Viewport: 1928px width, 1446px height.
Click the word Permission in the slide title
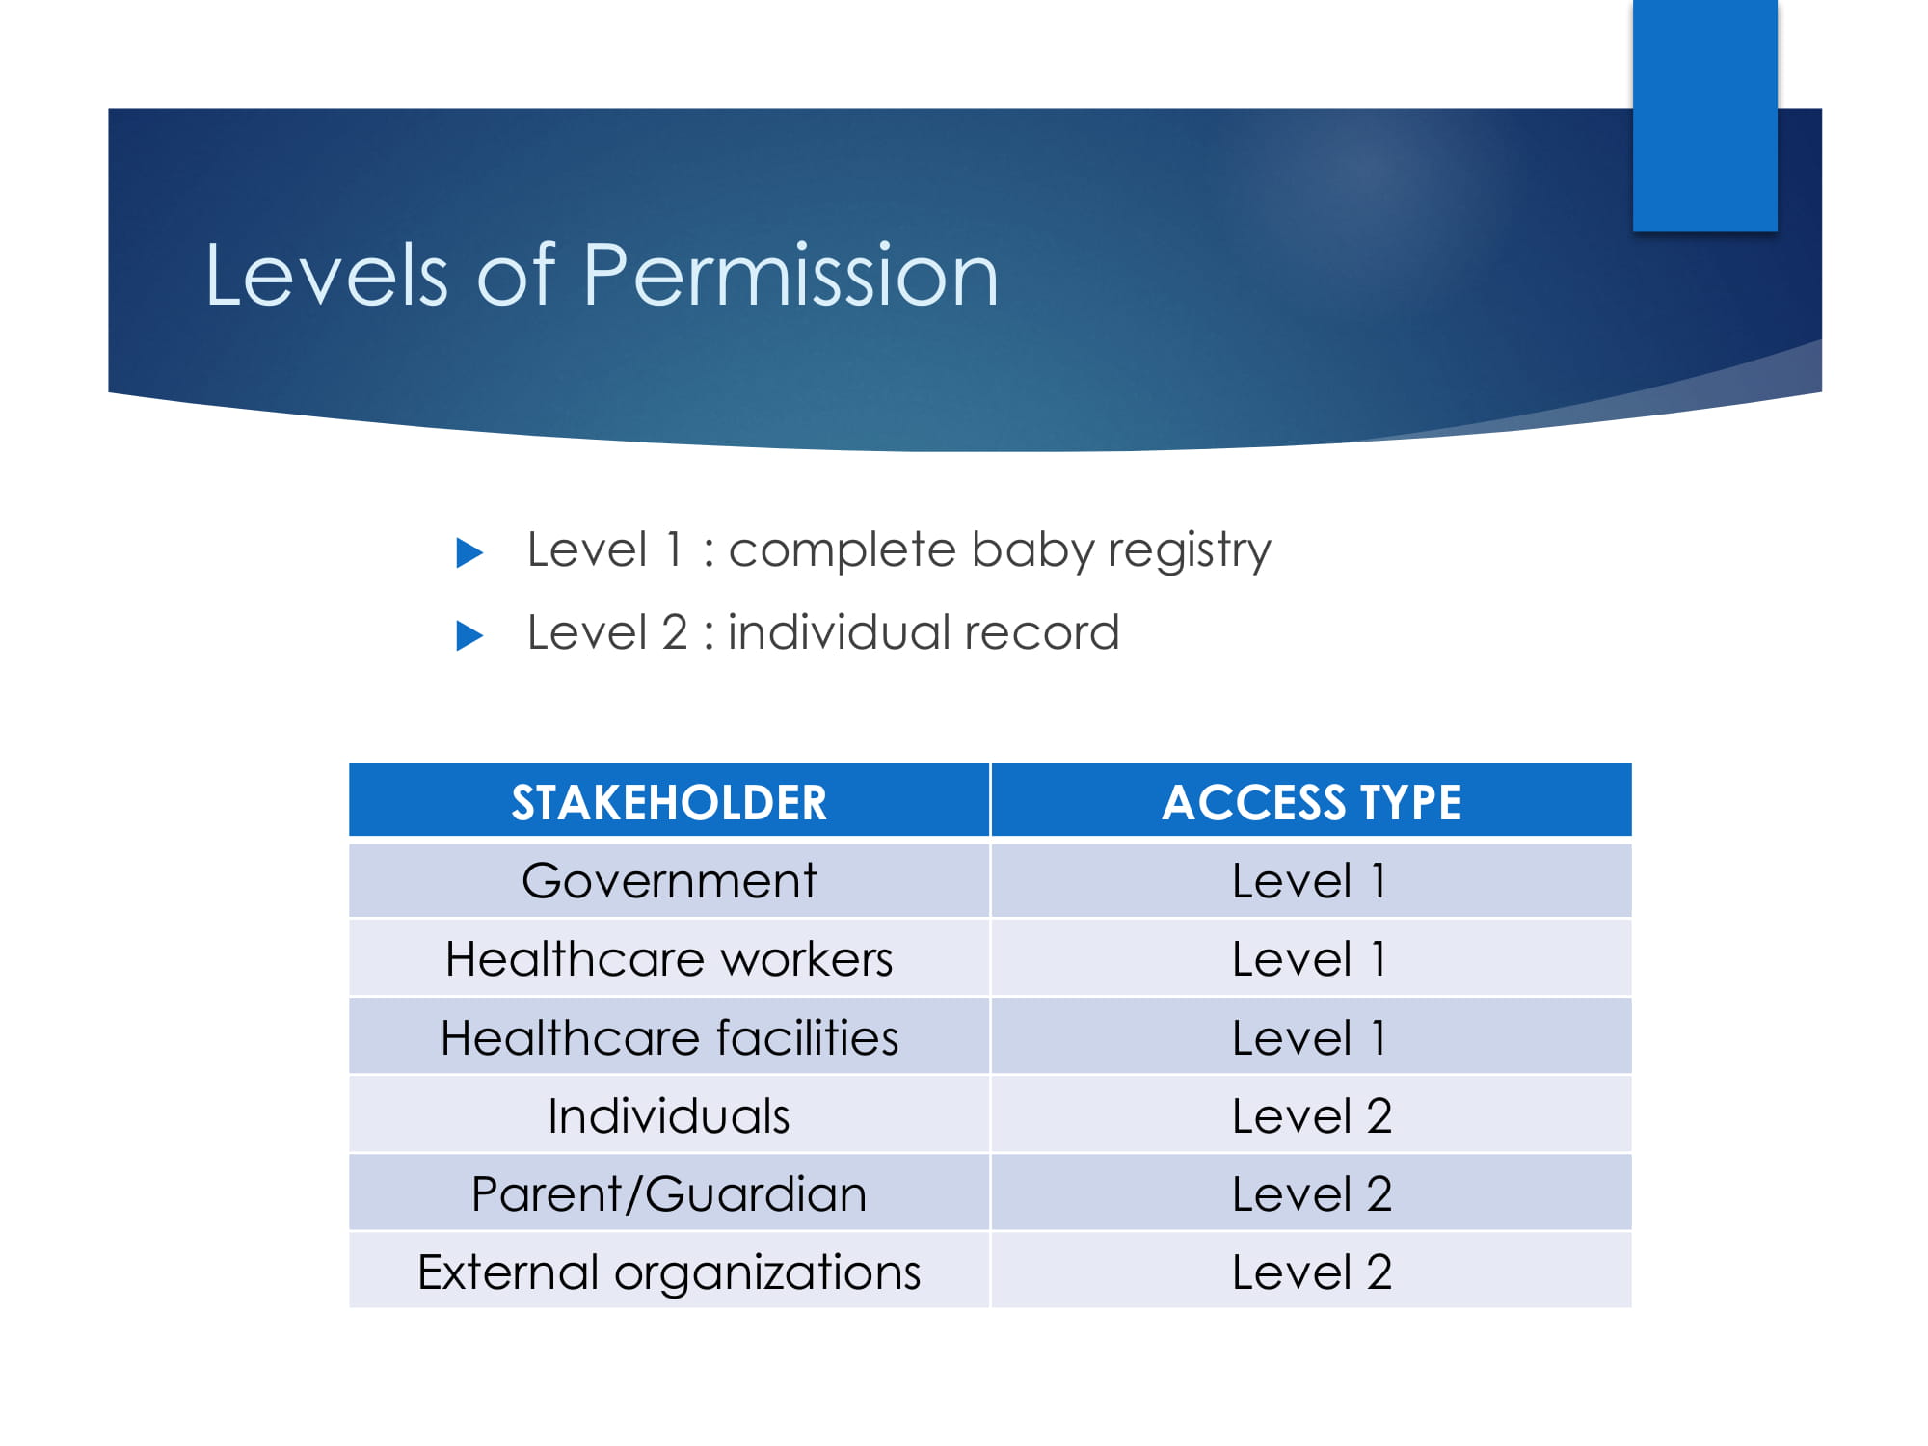(790, 277)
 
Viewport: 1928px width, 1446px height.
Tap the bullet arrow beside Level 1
(469, 552)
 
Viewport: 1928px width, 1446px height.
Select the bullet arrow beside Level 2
(469, 635)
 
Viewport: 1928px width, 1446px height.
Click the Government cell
(669, 880)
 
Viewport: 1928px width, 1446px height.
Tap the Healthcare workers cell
(669, 959)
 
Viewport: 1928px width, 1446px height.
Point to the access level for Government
(1310, 880)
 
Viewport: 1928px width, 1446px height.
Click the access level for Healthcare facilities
(1310, 1038)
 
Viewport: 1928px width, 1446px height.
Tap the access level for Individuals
(1312, 1116)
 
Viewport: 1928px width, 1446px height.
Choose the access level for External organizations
(1312, 1272)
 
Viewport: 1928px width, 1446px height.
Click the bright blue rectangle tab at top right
(1705, 116)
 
